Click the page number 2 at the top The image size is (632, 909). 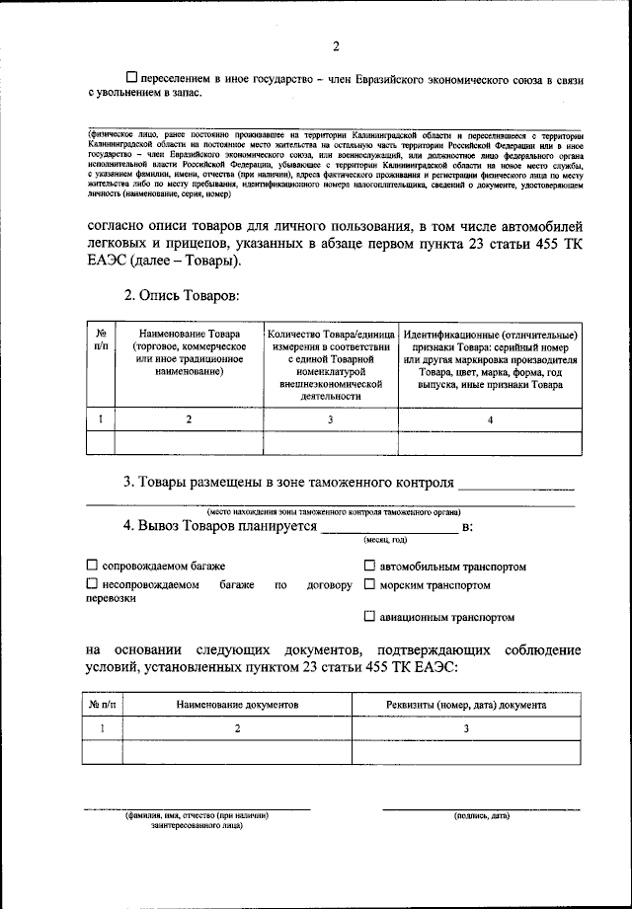point(335,46)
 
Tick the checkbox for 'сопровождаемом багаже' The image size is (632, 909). point(92,567)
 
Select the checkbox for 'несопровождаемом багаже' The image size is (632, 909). point(92,585)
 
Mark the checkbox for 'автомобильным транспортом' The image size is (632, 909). point(369,567)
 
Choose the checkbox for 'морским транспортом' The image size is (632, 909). point(369,585)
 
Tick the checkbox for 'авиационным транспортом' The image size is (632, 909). point(369,617)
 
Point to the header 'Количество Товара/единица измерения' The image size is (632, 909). point(330,365)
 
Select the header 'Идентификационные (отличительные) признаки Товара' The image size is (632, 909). point(490,359)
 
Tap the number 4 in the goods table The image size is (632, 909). point(490,419)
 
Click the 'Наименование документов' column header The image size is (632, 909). point(237,706)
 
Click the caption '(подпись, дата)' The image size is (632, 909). point(481,817)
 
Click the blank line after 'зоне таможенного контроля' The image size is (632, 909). point(516,485)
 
